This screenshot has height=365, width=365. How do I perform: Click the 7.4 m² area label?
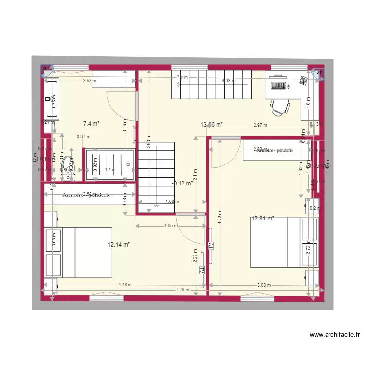click(91, 124)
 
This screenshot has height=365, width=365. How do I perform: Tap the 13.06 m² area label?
click(212, 125)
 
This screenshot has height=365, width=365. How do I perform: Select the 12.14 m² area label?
click(118, 245)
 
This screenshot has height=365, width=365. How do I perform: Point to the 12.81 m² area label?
click(263, 219)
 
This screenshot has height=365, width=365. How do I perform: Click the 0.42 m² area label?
click(183, 183)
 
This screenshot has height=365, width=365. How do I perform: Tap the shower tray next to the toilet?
click(110, 164)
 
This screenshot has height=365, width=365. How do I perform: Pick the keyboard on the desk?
click(277, 86)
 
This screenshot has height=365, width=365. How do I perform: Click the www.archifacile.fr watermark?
click(336, 335)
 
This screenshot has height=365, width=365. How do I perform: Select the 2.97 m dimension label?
click(260, 125)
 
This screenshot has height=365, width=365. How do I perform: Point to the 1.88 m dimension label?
click(172, 201)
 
